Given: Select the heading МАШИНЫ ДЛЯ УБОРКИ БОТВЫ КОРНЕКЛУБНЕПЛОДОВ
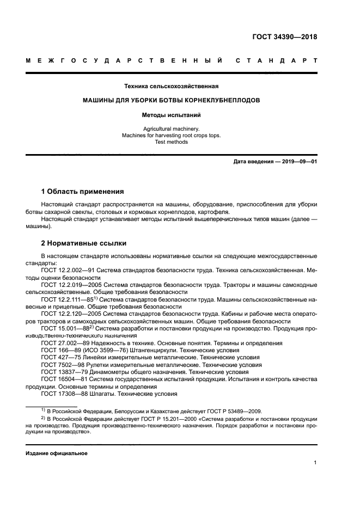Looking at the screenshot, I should [171, 101].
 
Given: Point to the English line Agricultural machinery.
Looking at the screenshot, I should [171, 128].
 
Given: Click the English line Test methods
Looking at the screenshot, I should [171, 142].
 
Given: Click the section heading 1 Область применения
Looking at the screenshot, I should [83, 192].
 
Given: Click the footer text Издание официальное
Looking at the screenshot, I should [57, 453].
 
